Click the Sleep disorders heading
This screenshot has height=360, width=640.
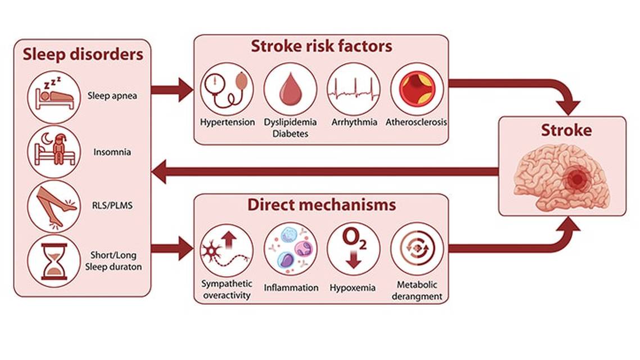coord(83,55)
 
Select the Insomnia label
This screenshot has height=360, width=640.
coord(113,152)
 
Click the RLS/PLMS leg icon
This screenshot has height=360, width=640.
coord(54,206)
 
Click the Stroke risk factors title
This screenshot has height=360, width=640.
coord(321,46)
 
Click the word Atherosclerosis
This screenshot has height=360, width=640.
coord(417,122)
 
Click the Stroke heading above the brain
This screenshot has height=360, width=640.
coord(566,130)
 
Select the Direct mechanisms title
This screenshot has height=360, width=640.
coord(321,205)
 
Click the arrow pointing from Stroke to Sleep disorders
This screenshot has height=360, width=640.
coord(326,172)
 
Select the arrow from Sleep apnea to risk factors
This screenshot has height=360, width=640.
coord(172,89)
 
